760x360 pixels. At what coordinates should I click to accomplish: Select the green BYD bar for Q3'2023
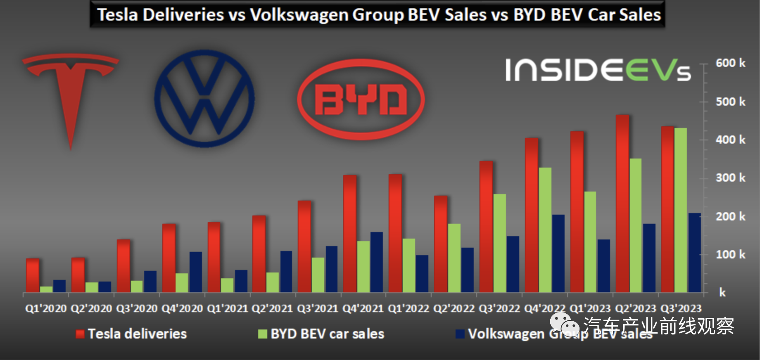pyautogui.click(x=681, y=211)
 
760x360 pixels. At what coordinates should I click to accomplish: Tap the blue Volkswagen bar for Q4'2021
pyautogui.click(x=377, y=263)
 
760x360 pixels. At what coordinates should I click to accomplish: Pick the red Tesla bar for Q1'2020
pyautogui.click(x=33, y=276)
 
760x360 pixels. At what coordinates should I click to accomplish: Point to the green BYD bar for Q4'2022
pyautogui.click(x=545, y=230)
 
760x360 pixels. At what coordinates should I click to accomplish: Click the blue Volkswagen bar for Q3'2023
pyautogui.click(x=694, y=253)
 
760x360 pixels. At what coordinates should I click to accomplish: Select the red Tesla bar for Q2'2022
pyautogui.click(x=441, y=244)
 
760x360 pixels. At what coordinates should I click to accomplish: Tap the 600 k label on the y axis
pyautogui.click(x=730, y=63)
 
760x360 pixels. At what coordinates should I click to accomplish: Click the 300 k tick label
pyautogui.click(x=730, y=178)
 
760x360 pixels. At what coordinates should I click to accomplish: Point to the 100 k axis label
pyautogui.click(x=730, y=254)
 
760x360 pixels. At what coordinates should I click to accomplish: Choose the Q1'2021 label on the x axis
pyautogui.click(x=227, y=308)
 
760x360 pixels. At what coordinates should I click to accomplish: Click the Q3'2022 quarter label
pyautogui.click(x=499, y=308)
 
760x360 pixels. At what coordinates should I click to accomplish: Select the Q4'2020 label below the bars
pyautogui.click(x=182, y=308)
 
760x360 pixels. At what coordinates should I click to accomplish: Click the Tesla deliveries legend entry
pyautogui.click(x=131, y=334)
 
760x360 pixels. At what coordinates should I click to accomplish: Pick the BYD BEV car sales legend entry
pyautogui.click(x=321, y=334)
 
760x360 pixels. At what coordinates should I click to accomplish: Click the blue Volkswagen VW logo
pyautogui.click(x=204, y=98)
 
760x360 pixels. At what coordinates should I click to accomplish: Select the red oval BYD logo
pyautogui.click(x=361, y=99)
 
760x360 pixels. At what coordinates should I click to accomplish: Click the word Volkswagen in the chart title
pyautogui.click(x=299, y=15)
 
